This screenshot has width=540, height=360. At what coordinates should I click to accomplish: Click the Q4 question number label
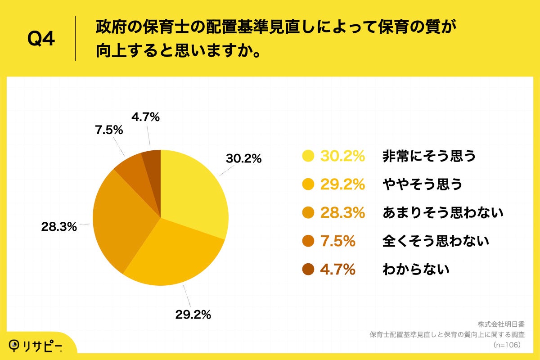coord(41,39)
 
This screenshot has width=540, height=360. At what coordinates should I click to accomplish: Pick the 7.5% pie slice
coord(130,166)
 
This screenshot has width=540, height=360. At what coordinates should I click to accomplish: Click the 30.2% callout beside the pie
coord(243,158)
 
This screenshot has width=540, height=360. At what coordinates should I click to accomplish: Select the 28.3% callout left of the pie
coord(59,227)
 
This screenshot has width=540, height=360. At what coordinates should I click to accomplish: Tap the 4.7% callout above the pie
coord(145,118)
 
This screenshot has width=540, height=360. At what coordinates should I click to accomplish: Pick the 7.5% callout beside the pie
coord(109,130)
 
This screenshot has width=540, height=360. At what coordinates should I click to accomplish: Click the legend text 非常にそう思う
coord(429,156)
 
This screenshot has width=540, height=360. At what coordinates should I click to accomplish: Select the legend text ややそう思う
coord(422,184)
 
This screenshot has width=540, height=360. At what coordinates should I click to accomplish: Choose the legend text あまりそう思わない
coord(442,212)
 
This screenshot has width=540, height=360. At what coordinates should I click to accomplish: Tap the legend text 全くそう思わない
coord(436,241)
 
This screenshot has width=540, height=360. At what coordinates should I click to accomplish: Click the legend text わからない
coord(416,270)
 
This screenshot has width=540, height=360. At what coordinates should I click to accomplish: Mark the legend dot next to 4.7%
coord(308,270)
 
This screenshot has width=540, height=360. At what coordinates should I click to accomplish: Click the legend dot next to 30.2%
coord(308,156)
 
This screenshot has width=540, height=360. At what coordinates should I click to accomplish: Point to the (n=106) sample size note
coord(507,345)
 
